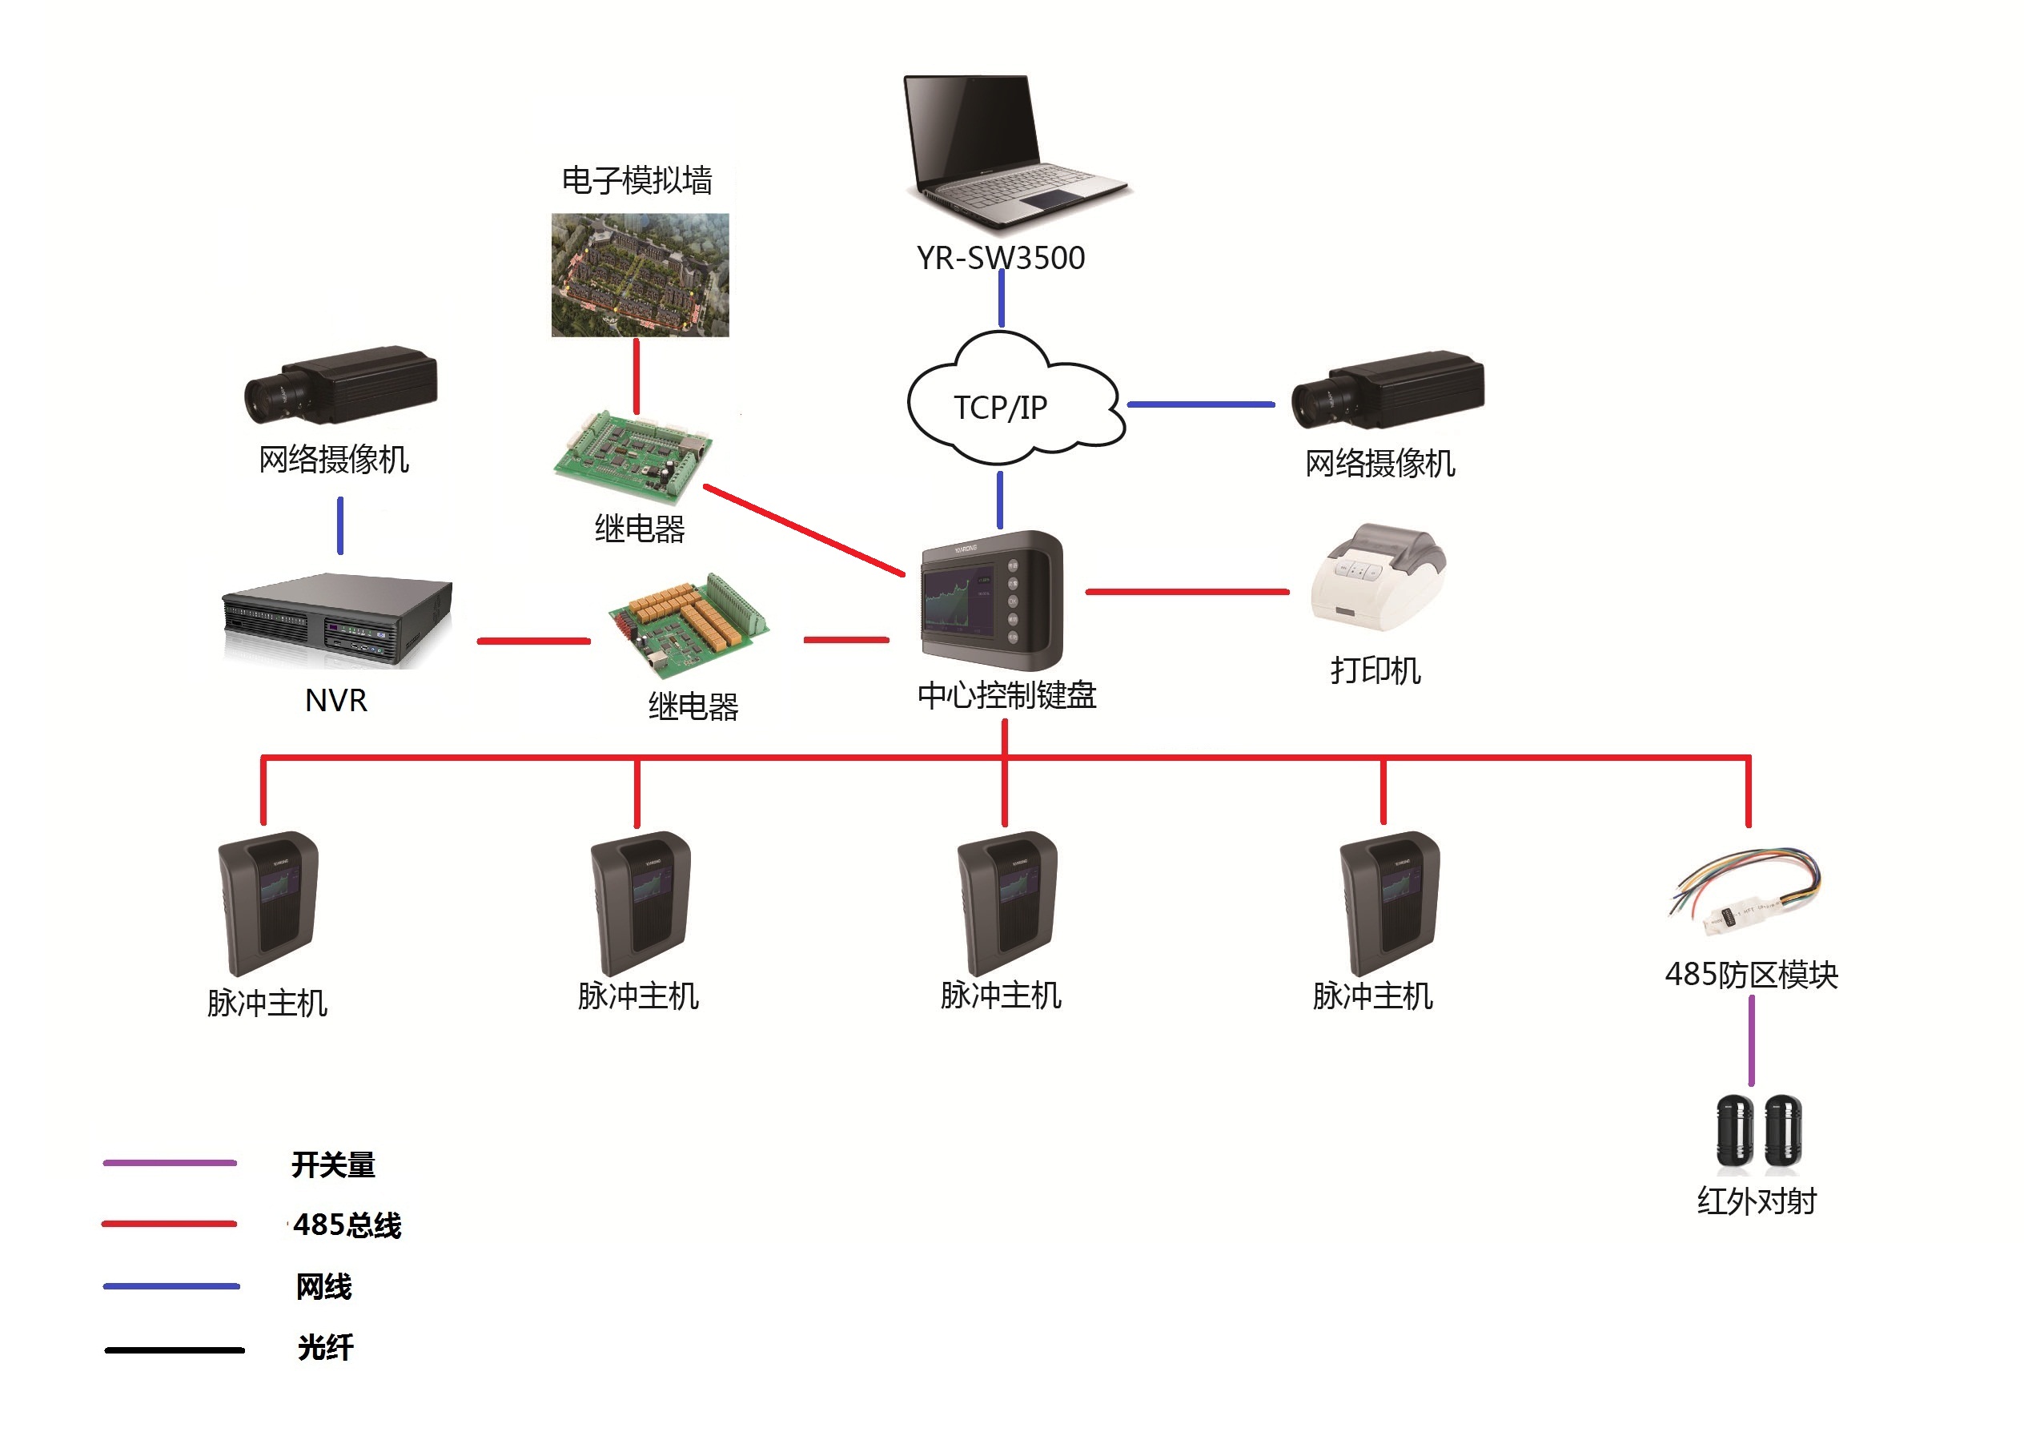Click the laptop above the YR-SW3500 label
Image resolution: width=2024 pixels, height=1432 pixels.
tap(1014, 150)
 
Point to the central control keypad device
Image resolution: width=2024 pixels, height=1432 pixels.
tap(992, 600)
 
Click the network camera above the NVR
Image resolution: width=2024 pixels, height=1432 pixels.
tap(341, 385)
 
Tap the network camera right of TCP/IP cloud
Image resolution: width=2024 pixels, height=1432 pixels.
tap(1387, 389)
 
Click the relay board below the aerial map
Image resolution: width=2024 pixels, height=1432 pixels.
tap(633, 454)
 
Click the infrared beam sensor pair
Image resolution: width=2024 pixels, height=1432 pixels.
tap(1759, 1135)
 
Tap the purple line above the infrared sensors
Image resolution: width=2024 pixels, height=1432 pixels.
tap(1752, 1040)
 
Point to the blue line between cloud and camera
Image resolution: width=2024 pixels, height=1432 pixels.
tap(1201, 404)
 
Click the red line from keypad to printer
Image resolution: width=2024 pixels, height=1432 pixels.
tap(1187, 592)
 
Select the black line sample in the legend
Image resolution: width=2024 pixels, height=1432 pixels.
tap(174, 1350)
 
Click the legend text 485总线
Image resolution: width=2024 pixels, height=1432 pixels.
tap(347, 1225)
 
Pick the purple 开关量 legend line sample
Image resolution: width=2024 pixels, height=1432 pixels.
tap(169, 1163)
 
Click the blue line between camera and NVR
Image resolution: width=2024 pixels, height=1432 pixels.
tap(340, 525)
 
